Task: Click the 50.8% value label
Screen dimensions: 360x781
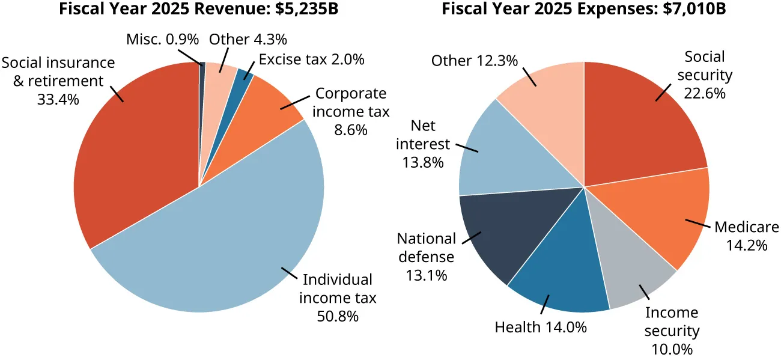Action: (x=337, y=316)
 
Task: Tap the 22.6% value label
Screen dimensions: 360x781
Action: (x=705, y=94)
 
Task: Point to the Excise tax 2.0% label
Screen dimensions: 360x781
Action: (x=312, y=59)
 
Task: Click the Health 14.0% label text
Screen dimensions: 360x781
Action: (x=540, y=328)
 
